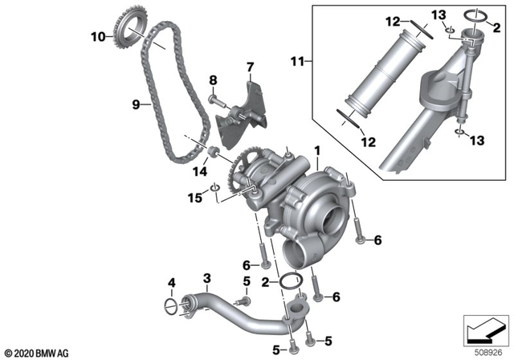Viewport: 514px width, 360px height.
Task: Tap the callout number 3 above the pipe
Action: pyautogui.click(x=206, y=278)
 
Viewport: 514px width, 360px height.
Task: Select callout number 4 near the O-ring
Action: pyautogui.click(x=170, y=281)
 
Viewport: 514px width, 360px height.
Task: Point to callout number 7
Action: pyautogui.click(x=249, y=66)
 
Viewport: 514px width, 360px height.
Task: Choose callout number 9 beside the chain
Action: pyautogui.click(x=135, y=104)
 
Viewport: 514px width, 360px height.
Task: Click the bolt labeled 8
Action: pyautogui.click(x=219, y=101)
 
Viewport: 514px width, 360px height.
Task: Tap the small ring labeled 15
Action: pyautogui.click(x=214, y=190)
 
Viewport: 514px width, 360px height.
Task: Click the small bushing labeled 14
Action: pyautogui.click(x=214, y=153)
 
